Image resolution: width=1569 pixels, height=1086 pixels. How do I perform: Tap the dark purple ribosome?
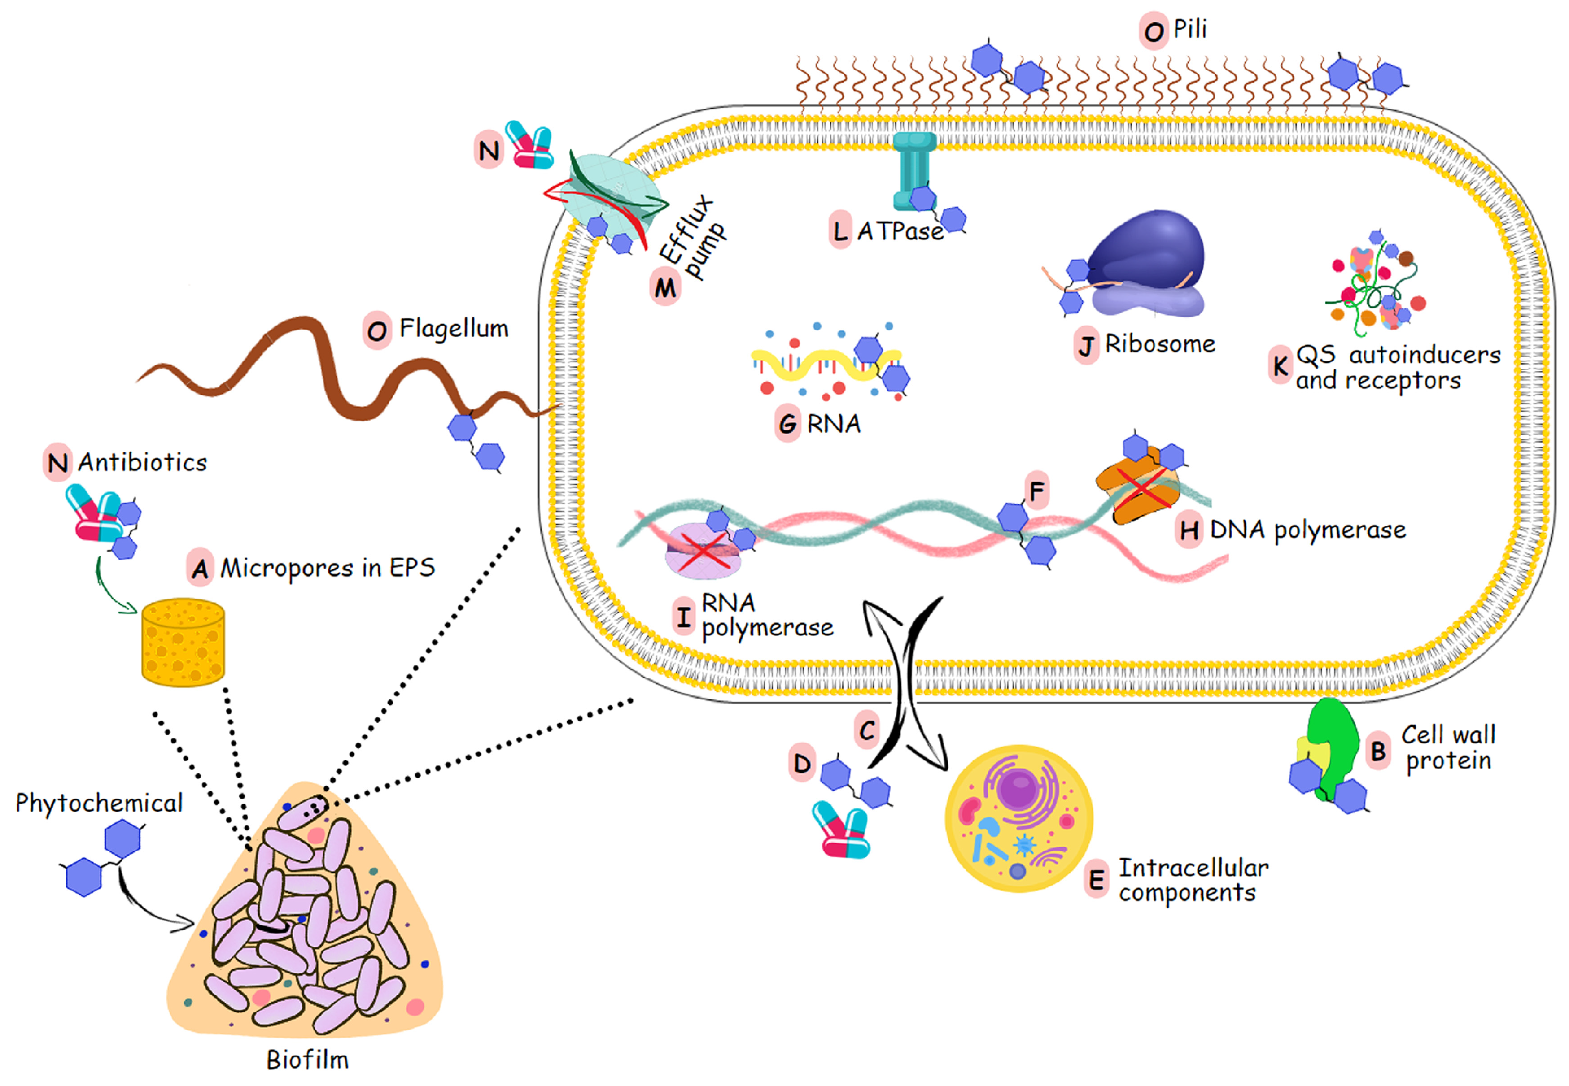click(1147, 252)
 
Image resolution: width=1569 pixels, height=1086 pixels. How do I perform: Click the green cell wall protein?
click(1334, 742)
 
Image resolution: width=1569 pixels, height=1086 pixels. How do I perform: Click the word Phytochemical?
click(100, 803)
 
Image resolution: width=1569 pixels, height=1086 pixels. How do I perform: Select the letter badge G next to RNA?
click(787, 424)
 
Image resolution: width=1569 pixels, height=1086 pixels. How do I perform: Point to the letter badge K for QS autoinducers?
click(1280, 366)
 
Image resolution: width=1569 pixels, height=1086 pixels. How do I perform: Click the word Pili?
click(1190, 29)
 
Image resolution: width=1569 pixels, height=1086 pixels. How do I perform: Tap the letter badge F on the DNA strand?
click(1036, 491)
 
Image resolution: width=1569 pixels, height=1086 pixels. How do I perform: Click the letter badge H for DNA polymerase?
click(1189, 530)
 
